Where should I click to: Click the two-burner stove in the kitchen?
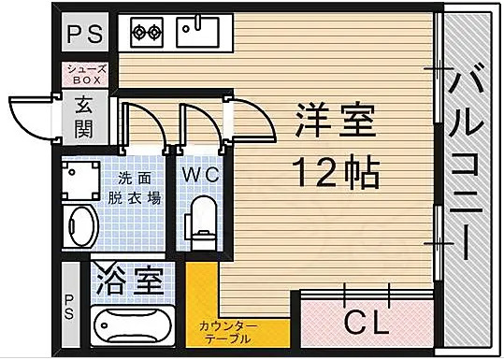point(146,33)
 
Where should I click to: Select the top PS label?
point(85,35)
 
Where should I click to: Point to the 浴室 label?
point(133,280)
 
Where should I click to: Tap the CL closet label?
point(366,323)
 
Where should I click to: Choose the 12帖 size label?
point(334,171)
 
